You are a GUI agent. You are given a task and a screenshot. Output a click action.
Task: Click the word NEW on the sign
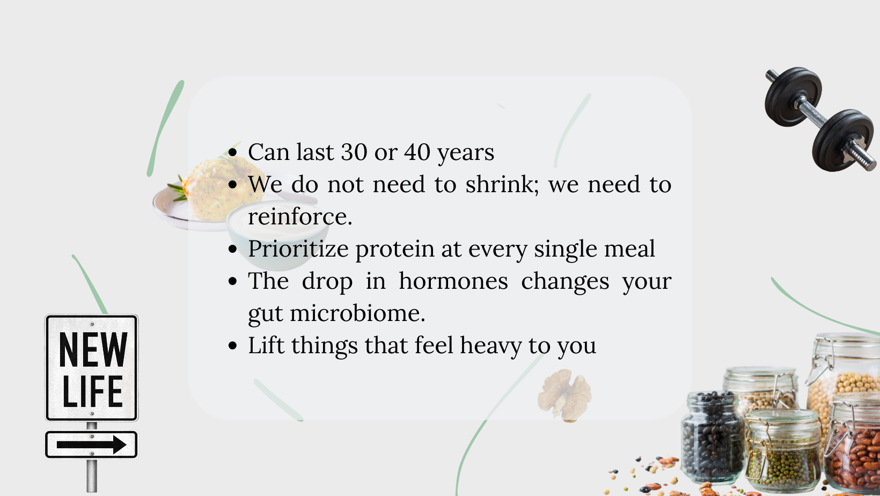93,349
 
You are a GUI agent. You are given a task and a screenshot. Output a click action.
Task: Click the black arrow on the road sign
92,445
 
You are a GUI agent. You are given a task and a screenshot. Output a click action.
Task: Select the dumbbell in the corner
820,119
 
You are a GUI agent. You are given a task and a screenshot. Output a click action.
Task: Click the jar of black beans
712,437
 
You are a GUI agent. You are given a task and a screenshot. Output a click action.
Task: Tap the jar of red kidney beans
853,444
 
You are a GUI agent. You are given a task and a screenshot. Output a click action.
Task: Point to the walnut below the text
564,396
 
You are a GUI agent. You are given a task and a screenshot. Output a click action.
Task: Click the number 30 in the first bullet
354,152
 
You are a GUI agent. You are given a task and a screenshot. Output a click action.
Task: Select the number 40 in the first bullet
417,152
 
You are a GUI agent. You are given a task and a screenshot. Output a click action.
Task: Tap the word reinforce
300,216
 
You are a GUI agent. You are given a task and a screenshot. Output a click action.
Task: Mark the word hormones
453,281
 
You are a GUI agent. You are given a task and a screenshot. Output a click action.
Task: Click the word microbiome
357,313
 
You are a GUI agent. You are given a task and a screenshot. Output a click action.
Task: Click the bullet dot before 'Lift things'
232,346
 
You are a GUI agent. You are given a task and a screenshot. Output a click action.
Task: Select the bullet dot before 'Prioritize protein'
232,249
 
